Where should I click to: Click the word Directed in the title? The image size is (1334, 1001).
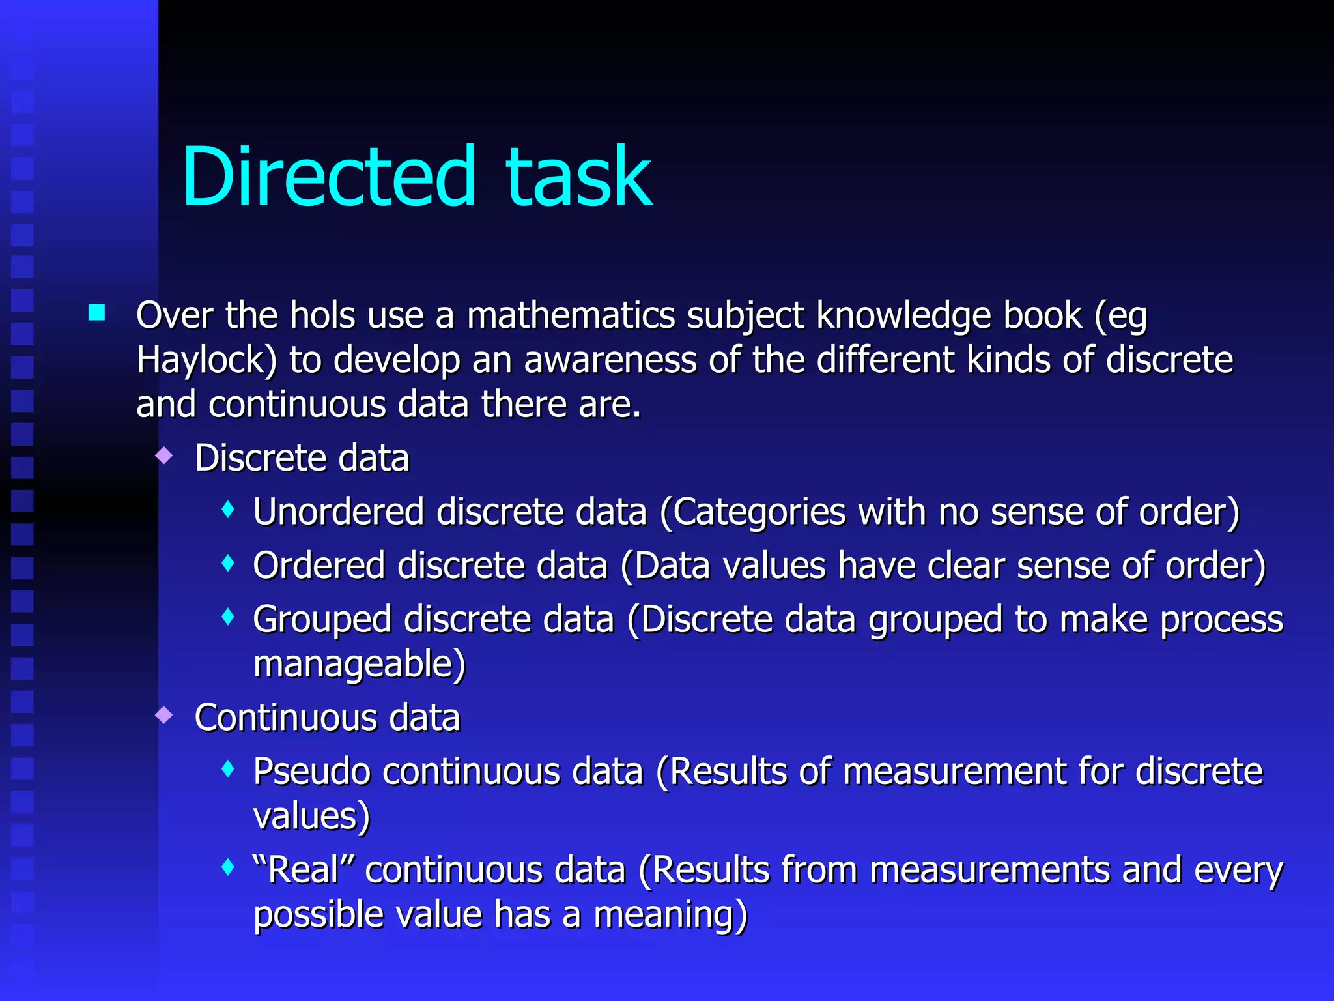pos(329,177)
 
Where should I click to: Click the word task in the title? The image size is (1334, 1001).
pos(578,177)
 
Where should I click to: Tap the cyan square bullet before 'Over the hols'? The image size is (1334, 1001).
pos(97,313)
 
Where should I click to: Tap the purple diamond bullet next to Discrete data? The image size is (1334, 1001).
pos(165,456)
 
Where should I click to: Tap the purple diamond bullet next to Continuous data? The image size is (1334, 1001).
pos(165,716)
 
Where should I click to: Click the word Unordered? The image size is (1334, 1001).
pos(339,512)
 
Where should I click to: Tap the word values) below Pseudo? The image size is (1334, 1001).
pos(311,817)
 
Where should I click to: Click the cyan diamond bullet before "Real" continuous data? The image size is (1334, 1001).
pos(227,867)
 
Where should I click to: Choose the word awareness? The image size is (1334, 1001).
pos(610,360)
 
